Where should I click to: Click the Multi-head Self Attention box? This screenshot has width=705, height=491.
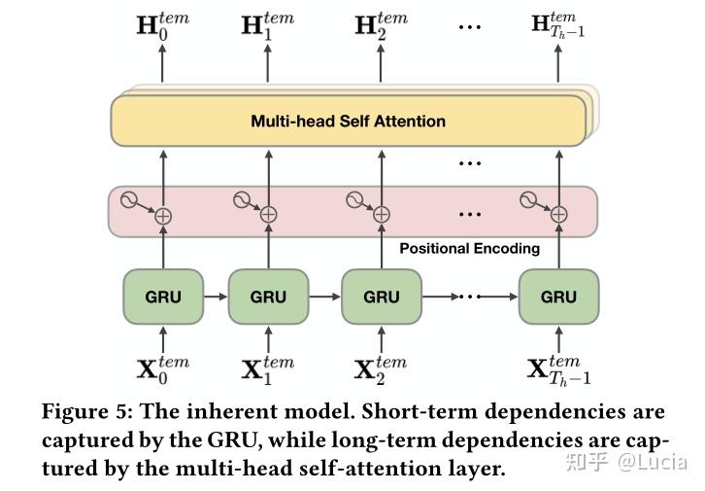[x=349, y=121]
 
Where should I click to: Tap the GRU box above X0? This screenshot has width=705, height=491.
[x=163, y=297]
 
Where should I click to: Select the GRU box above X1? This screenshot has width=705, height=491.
[x=268, y=297]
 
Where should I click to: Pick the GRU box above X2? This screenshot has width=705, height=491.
[x=382, y=297]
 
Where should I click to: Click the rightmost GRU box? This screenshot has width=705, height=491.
[x=559, y=297]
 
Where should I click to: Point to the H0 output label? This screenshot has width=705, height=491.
[x=163, y=26]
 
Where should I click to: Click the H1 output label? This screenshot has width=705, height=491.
[x=268, y=26]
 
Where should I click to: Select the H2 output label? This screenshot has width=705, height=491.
[x=382, y=26]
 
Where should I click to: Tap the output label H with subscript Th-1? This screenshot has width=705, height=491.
[x=558, y=25]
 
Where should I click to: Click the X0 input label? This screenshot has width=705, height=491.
[x=163, y=370]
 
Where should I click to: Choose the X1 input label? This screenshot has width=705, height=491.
[x=268, y=370]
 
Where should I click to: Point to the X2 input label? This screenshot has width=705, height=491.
[x=381, y=370]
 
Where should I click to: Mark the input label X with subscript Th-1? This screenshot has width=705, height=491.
[x=559, y=370]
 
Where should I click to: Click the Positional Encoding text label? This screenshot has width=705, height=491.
[x=470, y=249]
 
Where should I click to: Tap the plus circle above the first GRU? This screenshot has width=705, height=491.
[x=163, y=217]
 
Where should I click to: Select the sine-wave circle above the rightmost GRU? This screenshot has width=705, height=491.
[x=528, y=200]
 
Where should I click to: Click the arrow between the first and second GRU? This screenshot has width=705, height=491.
[x=216, y=297]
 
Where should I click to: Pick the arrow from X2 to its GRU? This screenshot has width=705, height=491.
[x=382, y=339]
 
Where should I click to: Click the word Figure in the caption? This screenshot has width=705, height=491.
[x=82, y=412]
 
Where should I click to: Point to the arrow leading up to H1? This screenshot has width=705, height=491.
[x=268, y=63]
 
